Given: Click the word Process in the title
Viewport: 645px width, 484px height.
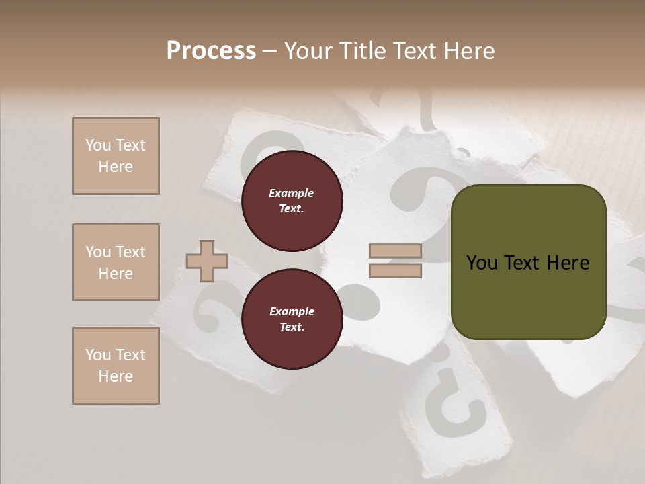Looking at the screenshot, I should coord(211,51).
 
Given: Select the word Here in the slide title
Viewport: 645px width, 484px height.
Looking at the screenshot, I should coord(468,51).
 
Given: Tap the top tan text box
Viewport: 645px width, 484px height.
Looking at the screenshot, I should coord(116,156).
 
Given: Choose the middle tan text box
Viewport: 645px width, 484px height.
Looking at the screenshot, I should coord(116,262).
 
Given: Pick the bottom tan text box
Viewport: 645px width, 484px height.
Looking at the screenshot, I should coord(116,366).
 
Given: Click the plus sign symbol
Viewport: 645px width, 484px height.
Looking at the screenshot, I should coord(207,261).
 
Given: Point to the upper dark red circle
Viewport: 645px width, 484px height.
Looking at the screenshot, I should coord(292,201).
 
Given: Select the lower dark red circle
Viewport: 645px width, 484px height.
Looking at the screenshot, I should coord(292,319).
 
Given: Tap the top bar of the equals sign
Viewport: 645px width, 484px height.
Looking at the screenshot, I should coord(395,251).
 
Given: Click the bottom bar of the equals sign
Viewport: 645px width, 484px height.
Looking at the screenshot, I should coord(395,271).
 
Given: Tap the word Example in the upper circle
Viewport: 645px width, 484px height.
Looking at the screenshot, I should coord(292,193).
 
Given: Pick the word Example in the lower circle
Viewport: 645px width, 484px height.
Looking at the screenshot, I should coord(292,311).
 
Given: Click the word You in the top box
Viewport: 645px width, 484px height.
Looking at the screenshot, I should coord(98,145).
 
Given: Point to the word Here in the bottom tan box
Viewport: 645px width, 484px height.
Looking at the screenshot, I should coord(116,376).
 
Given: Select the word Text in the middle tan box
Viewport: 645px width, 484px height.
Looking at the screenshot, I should coord(130,252).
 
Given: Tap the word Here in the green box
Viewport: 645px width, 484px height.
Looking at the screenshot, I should coord(568,263).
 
